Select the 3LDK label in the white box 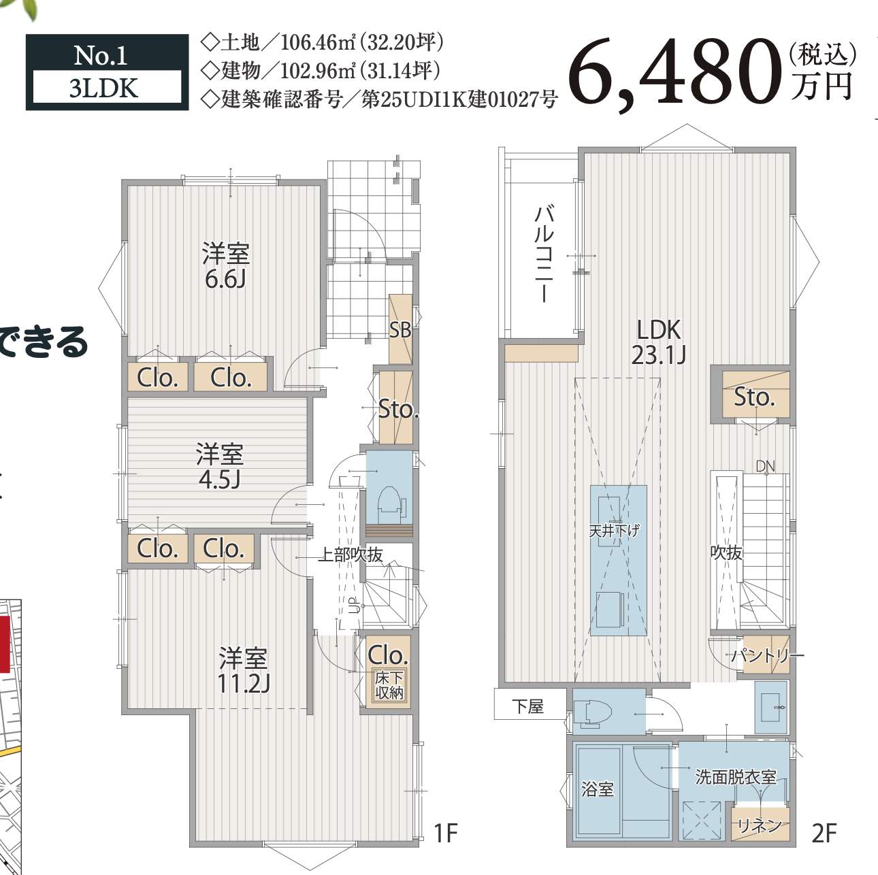103,88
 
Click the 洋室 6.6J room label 225,266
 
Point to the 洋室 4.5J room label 219,467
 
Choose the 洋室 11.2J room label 243,670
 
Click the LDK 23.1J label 658,342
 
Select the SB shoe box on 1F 400,330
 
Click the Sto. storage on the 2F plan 754,397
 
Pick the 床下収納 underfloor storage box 389,686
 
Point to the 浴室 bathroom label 598,789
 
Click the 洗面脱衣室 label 735,777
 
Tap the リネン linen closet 760,825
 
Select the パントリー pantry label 767,656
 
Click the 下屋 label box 528,706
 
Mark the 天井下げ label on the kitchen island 615,530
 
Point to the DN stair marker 765,467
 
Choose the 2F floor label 824,833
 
